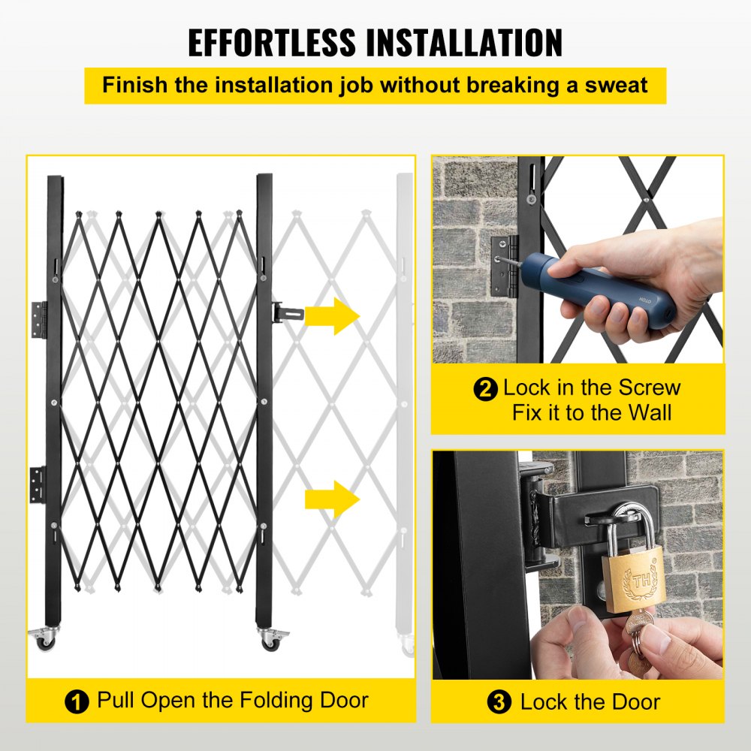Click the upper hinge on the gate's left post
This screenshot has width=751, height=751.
click(x=39, y=319)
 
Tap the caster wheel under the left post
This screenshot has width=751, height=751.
click(x=44, y=639)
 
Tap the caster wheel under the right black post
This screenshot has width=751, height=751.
click(x=268, y=639)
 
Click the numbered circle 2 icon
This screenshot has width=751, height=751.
click(x=486, y=390)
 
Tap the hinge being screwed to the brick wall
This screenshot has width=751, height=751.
click(x=504, y=264)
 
